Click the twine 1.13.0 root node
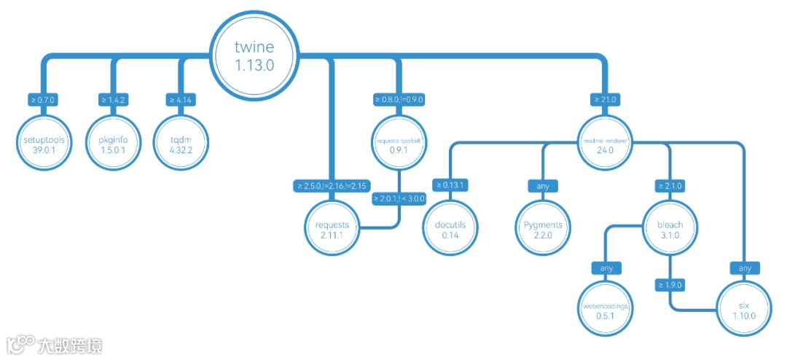(254, 55)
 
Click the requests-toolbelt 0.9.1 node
(398, 144)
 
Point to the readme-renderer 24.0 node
(606, 144)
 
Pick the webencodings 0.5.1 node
(606, 310)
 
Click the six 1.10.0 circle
(743, 310)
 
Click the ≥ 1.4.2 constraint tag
(113, 100)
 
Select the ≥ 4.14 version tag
(180, 100)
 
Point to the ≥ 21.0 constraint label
(605, 100)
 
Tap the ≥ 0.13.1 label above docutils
(450, 186)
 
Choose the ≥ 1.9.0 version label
(670, 284)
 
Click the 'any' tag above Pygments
(543, 186)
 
